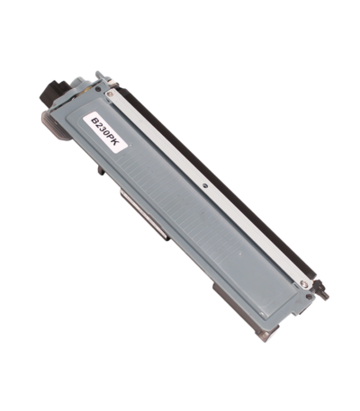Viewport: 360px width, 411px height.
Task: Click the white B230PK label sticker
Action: pyautogui.click(x=105, y=131)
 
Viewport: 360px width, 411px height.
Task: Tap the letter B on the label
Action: pyautogui.click(x=95, y=122)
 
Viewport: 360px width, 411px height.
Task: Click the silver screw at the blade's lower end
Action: pyautogui.click(x=304, y=284)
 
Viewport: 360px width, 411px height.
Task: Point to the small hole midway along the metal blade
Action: pyautogui.click(x=204, y=185)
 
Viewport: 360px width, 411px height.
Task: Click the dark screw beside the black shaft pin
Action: pyautogui.click(x=309, y=297)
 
